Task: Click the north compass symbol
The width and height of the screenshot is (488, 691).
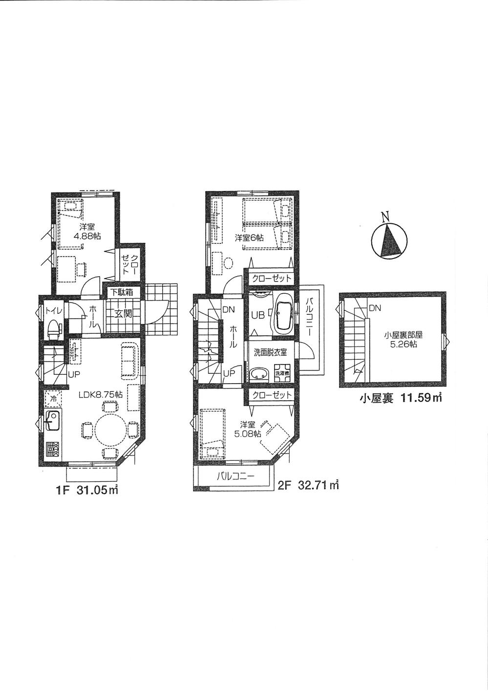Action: (x=389, y=241)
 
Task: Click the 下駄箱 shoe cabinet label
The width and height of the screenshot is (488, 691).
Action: (x=121, y=293)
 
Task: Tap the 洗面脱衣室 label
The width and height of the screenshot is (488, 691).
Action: (x=270, y=352)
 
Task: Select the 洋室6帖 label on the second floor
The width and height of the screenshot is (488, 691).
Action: (x=249, y=238)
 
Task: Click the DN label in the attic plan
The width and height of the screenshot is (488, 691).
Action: (x=375, y=308)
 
